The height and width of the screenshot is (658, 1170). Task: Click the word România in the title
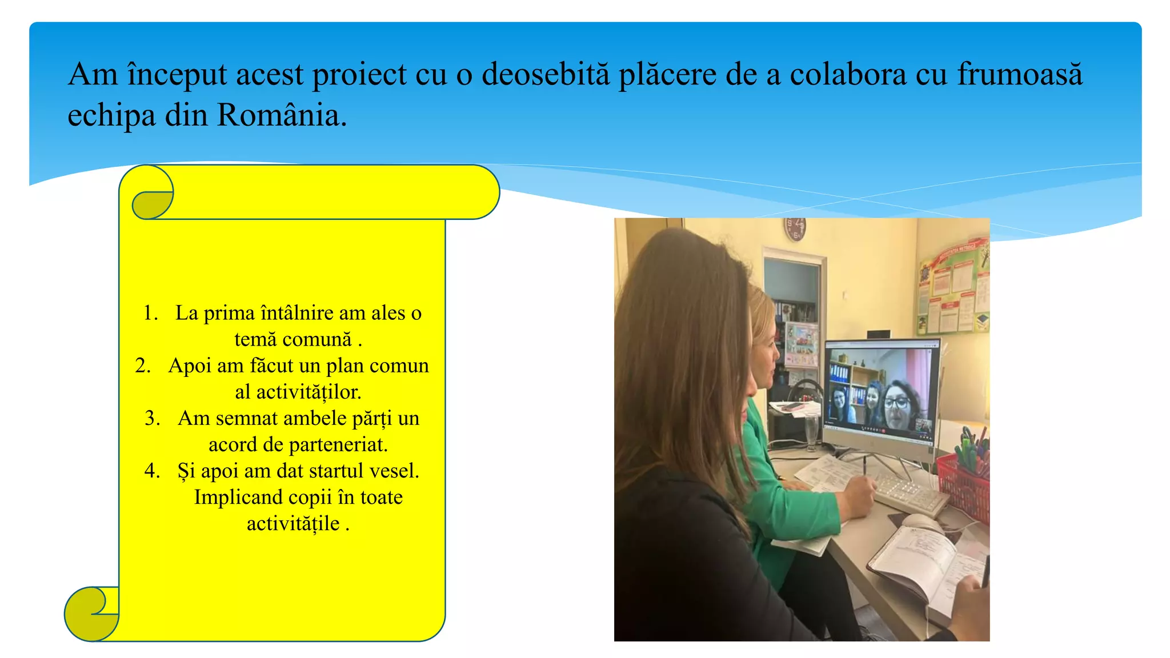281,115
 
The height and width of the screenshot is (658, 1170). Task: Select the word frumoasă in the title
1020,75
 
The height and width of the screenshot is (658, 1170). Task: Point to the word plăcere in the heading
667,75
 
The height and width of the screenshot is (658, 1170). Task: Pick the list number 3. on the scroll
153,418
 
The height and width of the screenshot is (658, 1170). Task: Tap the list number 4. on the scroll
153,471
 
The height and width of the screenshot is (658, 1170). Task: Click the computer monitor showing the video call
880,394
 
